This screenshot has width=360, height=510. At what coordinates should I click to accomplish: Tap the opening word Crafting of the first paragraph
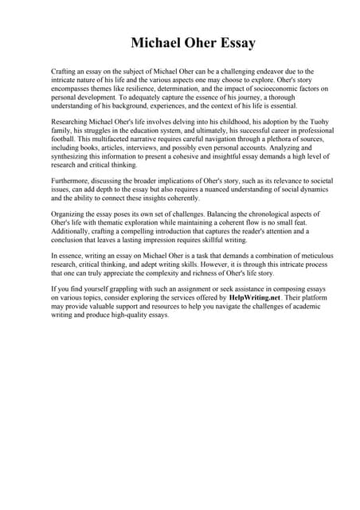click(65, 71)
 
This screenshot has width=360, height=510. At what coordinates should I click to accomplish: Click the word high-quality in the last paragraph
click(144, 315)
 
